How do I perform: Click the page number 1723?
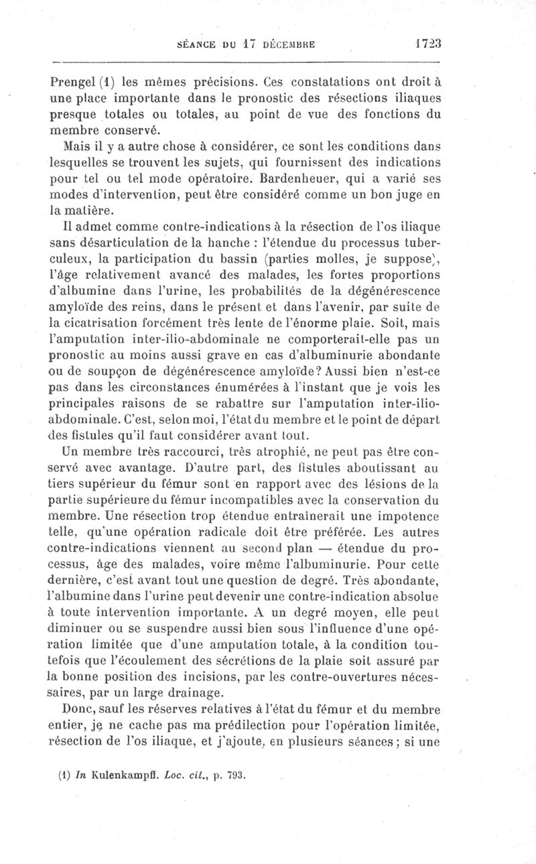(x=427, y=44)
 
